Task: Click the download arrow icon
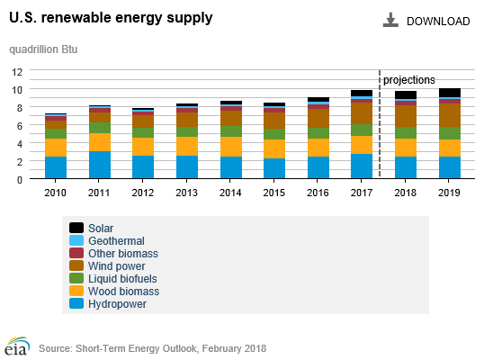tap(390, 20)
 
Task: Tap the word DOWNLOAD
tap(438, 22)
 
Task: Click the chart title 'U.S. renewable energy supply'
tap(111, 18)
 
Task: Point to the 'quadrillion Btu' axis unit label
tap(43, 49)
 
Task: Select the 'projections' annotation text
tap(409, 80)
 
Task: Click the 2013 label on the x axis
tap(186, 193)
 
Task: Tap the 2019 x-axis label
tap(449, 193)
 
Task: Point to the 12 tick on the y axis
tap(17, 72)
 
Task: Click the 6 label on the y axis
tap(20, 126)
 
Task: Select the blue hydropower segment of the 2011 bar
tap(100, 165)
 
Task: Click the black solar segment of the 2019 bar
tap(450, 93)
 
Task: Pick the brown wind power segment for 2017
tap(362, 113)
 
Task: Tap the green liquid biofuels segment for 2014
tap(231, 131)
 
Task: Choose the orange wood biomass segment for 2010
tap(56, 148)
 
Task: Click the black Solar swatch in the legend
tap(76, 228)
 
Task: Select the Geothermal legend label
tap(116, 241)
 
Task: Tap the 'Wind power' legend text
tap(117, 266)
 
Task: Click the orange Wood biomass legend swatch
tap(76, 291)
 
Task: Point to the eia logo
tap(17, 346)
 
